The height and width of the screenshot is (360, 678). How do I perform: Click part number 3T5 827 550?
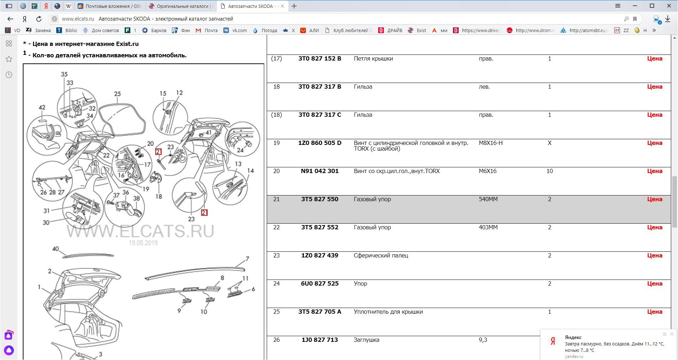click(x=320, y=199)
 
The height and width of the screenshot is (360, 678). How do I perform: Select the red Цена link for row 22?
click(x=654, y=227)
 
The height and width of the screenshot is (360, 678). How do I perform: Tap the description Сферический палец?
click(x=381, y=255)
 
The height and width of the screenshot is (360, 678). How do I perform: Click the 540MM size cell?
click(x=488, y=199)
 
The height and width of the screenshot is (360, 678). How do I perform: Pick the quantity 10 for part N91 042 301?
click(x=549, y=171)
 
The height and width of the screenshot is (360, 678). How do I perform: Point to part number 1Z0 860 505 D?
click(x=320, y=143)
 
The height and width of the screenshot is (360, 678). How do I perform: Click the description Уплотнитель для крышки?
click(x=388, y=312)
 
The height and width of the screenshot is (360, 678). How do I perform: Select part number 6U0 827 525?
click(x=320, y=283)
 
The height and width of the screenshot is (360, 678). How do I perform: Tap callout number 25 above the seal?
click(x=118, y=94)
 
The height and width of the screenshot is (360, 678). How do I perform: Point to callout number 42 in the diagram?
click(x=42, y=107)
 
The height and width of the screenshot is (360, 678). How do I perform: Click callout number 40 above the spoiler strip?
click(x=56, y=249)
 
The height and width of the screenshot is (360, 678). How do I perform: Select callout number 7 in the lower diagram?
click(x=247, y=259)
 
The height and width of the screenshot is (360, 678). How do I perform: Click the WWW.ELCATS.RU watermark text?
click(x=140, y=231)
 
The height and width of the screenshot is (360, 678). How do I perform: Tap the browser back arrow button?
click(x=10, y=19)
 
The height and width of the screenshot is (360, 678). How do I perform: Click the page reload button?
click(x=39, y=19)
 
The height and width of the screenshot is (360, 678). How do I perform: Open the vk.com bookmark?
click(x=235, y=30)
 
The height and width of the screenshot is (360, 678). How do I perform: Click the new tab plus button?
click(x=294, y=6)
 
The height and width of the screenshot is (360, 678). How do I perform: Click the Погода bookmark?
click(x=265, y=30)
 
